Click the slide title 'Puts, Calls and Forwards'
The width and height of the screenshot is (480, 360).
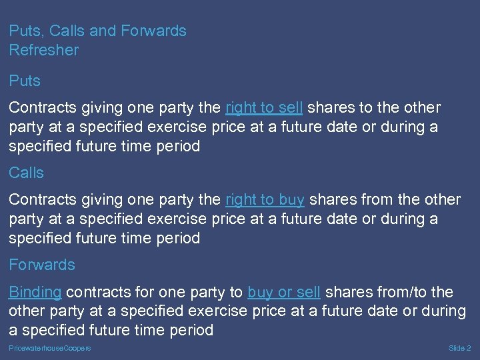click(97, 31)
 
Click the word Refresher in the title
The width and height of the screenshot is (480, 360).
click(44, 50)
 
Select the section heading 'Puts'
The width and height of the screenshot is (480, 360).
click(25, 81)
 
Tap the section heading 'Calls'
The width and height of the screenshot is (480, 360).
click(27, 173)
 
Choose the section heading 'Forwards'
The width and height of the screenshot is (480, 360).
click(42, 265)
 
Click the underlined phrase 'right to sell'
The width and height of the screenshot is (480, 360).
click(264, 107)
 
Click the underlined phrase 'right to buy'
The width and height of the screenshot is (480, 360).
click(265, 199)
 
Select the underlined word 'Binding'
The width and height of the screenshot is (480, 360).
click(35, 292)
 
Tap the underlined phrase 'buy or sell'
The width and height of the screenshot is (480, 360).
click(284, 292)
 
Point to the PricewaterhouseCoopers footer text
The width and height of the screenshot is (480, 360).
click(50, 349)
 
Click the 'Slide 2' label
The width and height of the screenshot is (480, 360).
click(460, 349)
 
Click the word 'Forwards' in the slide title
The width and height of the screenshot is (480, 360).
click(153, 31)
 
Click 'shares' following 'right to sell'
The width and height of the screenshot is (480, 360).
click(329, 107)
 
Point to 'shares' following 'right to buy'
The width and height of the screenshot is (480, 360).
click(331, 199)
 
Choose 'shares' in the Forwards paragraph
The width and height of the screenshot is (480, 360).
click(347, 292)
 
